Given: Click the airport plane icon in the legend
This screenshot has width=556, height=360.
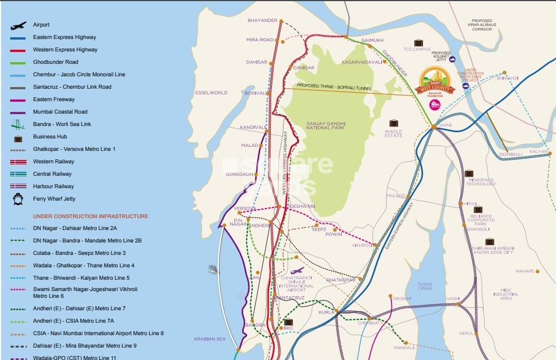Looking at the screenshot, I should pyautogui.click(x=18, y=25).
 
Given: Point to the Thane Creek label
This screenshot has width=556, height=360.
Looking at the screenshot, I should pyautogui.click(x=425, y=287).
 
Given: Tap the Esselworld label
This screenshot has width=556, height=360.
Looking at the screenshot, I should pyautogui.click(x=211, y=93).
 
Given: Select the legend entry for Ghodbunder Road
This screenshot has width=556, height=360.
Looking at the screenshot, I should pyautogui.click(x=55, y=62).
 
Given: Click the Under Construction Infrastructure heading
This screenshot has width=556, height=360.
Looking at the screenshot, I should pyautogui.click(x=90, y=216).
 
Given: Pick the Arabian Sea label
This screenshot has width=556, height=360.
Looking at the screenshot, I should pyautogui.click(x=209, y=339).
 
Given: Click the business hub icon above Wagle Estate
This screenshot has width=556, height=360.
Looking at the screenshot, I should pyautogui.click(x=393, y=123).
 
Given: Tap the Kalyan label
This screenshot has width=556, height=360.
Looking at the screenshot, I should pyautogui.click(x=538, y=151).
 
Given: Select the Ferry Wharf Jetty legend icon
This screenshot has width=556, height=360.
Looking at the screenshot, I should pyautogui.click(x=18, y=199).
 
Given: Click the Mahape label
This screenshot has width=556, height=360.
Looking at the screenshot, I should pyautogui.click(x=525, y=271).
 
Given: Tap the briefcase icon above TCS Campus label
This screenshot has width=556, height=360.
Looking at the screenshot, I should pyautogui.click(x=418, y=42).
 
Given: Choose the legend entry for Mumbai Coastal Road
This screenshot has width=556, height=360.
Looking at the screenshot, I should pyautogui.click(x=60, y=112).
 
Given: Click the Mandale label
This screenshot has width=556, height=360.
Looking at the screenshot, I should pyautogui.click(x=404, y=348).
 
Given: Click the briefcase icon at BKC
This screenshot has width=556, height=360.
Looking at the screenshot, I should pyautogui.click(x=288, y=322).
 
